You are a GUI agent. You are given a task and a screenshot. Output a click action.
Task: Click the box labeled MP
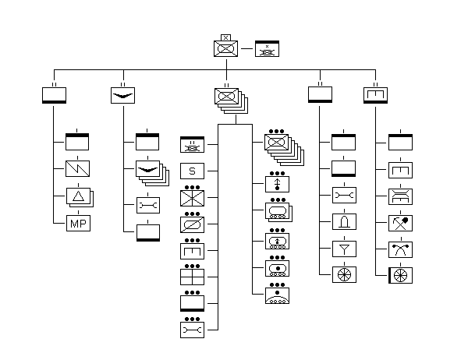point(78,223)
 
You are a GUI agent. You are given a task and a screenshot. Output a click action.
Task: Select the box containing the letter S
point(192,171)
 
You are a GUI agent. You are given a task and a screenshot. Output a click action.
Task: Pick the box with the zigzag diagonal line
point(77,168)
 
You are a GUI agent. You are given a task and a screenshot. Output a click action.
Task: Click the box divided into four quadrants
point(192,277)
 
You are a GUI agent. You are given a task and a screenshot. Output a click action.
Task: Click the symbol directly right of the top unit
point(267,48)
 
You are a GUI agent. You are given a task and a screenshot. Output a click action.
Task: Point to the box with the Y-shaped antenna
point(344,249)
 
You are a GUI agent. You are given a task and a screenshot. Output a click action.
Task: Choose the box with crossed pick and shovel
point(401,223)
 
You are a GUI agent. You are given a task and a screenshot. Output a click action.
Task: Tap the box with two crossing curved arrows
point(401,249)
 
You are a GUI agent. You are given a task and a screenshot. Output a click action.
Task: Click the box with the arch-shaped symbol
point(344,221)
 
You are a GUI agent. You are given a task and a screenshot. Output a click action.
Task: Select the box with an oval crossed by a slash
point(192,224)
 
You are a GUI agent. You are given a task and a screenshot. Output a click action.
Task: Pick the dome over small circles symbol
point(277,295)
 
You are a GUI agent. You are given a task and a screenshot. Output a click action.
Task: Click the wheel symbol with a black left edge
point(401,275)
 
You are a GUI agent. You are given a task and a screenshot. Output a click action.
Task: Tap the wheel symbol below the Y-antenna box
point(344,275)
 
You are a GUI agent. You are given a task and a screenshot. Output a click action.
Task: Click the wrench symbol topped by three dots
point(192,330)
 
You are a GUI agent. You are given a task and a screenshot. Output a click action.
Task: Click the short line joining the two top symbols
point(246,48)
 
